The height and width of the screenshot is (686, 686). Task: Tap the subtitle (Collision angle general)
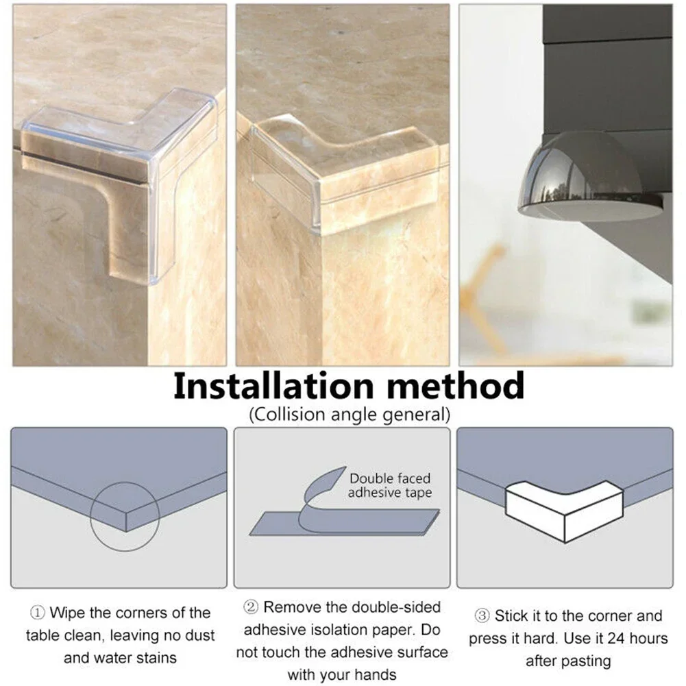coord(349,414)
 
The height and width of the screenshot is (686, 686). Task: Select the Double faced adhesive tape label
coord(390,485)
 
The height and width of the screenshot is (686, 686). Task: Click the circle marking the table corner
coord(125,515)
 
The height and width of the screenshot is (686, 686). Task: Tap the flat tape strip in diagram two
coord(343,524)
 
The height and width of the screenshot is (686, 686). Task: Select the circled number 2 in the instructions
coord(251,607)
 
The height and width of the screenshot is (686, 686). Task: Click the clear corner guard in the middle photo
coord(343,171)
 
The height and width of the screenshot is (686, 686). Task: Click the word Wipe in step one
coord(66,613)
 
